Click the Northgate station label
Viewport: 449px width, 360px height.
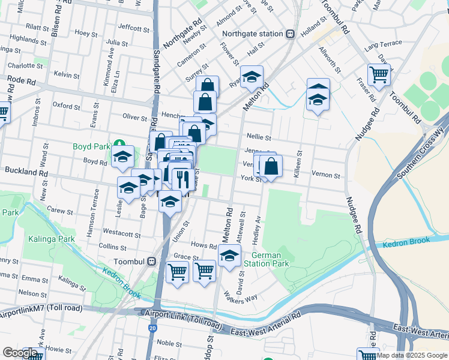[252, 34]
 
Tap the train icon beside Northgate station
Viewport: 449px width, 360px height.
[290, 34]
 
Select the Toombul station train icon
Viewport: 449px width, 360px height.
[152, 262]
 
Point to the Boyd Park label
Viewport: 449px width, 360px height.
[91, 146]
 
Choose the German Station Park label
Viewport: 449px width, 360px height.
[266, 259]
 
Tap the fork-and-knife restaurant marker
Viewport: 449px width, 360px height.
[181, 178]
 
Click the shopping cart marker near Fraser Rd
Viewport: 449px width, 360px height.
[379, 74]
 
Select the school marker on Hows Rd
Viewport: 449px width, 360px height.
[229, 256]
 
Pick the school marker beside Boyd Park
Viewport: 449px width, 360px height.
[122, 156]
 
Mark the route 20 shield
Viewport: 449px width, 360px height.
[154, 328]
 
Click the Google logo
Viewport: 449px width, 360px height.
[20, 353]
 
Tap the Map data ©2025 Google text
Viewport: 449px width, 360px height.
[412, 355]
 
